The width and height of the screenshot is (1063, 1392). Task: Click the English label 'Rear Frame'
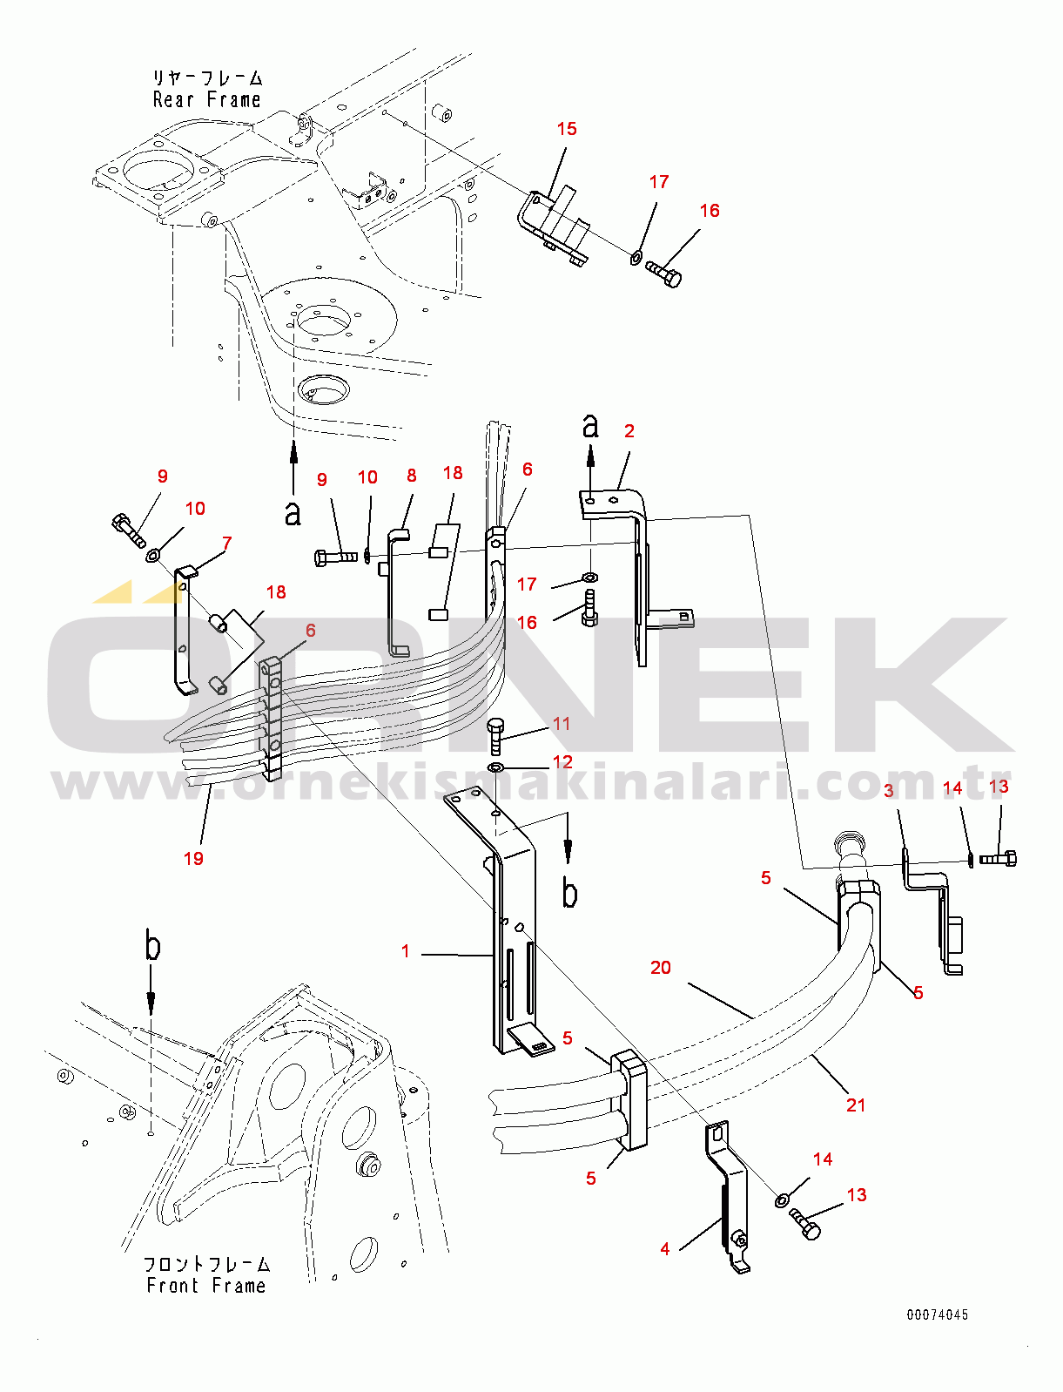pyautogui.click(x=206, y=100)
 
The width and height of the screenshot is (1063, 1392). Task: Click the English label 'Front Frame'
pyautogui.click(x=205, y=1286)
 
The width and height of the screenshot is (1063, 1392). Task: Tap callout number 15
pyautogui.click(x=567, y=129)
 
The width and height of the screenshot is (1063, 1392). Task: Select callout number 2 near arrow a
pyautogui.click(x=629, y=430)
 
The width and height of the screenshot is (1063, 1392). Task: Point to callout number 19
pyautogui.click(x=193, y=858)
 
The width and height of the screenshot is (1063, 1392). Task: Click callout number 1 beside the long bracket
pyautogui.click(x=406, y=951)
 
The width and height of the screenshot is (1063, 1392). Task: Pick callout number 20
pyautogui.click(x=661, y=967)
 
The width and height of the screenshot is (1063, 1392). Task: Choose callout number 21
pyautogui.click(x=856, y=1105)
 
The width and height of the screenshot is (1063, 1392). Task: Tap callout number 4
pyautogui.click(x=665, y=1249)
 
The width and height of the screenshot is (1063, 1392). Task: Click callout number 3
pyautogui.click(x=889, y=790)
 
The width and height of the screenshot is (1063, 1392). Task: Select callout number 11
pyautogui.click(x=562, y=724)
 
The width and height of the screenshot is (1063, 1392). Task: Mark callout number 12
pyautogui.click(x=562, y=762)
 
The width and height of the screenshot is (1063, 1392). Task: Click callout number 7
pyautogui.click(x=226, y=544)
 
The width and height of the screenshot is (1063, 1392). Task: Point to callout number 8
pyautogui.click(x=412, y=476)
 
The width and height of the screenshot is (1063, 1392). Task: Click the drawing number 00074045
pyautogui.click(x=937, y=1314)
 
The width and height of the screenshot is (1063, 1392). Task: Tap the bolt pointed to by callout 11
pyautogui.click(x=494, y=735)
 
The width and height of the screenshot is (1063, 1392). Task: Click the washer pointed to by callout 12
pyautogui.click(x=495, y=767)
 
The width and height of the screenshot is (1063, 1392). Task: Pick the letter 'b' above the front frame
pyautogui.click(x=152, y=947)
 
